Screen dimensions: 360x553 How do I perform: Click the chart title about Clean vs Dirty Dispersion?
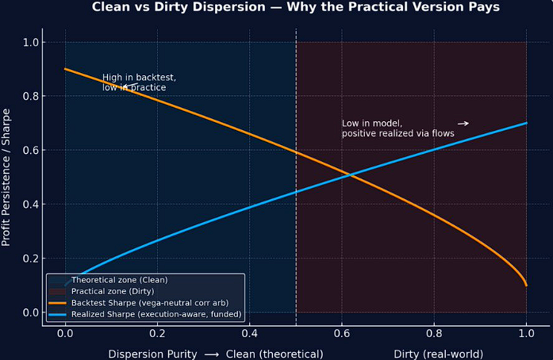(295, 8)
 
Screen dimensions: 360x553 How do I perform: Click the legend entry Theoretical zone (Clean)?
(119, 280)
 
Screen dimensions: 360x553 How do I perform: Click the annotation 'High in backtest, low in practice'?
(139, 82)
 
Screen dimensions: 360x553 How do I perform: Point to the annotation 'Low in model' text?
(397, 128)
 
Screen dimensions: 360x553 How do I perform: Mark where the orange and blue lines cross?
(351, 174)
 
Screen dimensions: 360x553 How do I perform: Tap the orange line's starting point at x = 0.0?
(65, 69)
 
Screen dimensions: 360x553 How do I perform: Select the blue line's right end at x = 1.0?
(526, 123)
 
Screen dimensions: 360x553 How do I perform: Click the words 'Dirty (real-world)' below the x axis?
(438, 353)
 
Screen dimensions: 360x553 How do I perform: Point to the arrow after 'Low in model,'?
(463, 124)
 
